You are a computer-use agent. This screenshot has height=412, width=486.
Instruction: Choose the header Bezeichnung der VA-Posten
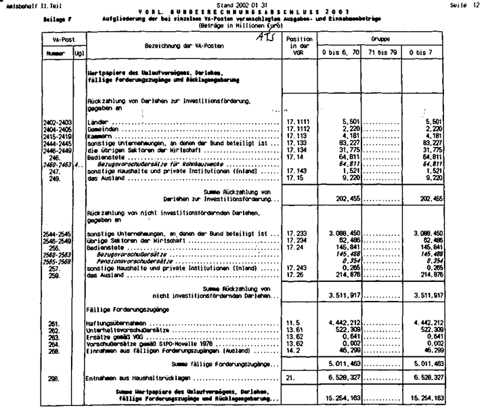(184, 44)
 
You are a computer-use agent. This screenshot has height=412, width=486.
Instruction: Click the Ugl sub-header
(79, 52)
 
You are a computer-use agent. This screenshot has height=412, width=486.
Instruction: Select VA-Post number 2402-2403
(57, 121)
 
